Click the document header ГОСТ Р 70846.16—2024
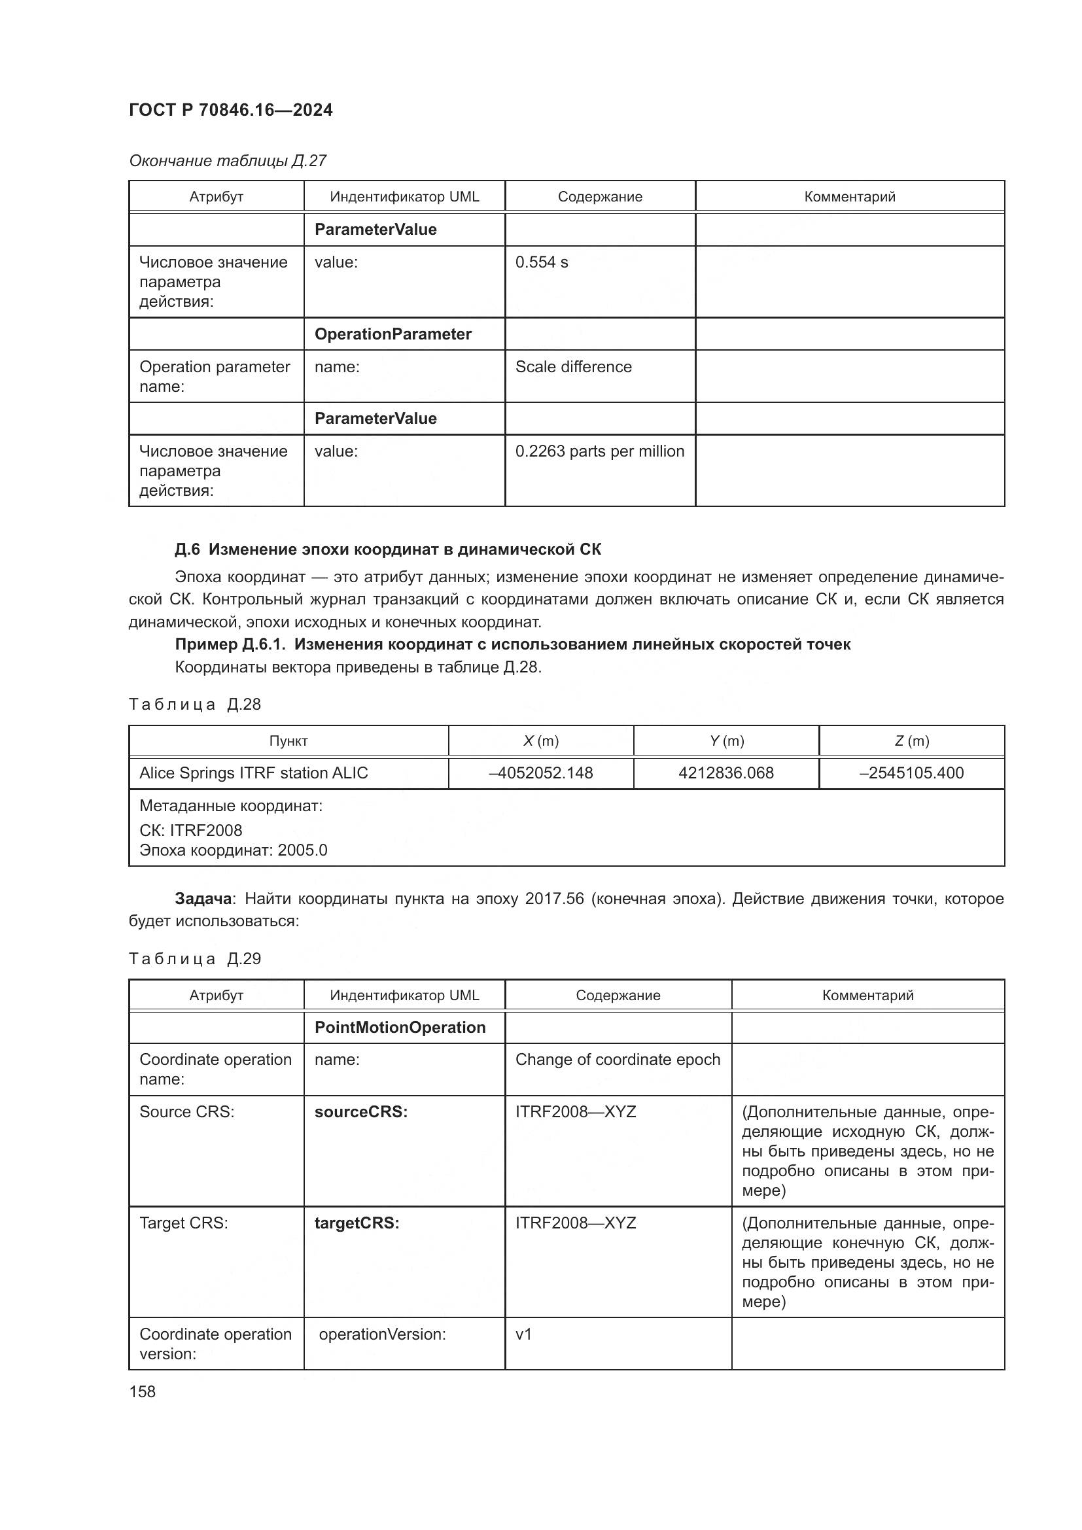230,110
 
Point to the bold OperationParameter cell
393,334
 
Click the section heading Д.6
387,549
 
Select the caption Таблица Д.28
194,704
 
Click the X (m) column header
540,741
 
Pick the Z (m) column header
911,741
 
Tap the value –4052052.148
540,773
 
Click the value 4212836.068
725,773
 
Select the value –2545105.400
911,773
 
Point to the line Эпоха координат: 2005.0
233,850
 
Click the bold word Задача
203,899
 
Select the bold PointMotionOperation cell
400,1028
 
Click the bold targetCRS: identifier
357,1223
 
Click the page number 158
142,1392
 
